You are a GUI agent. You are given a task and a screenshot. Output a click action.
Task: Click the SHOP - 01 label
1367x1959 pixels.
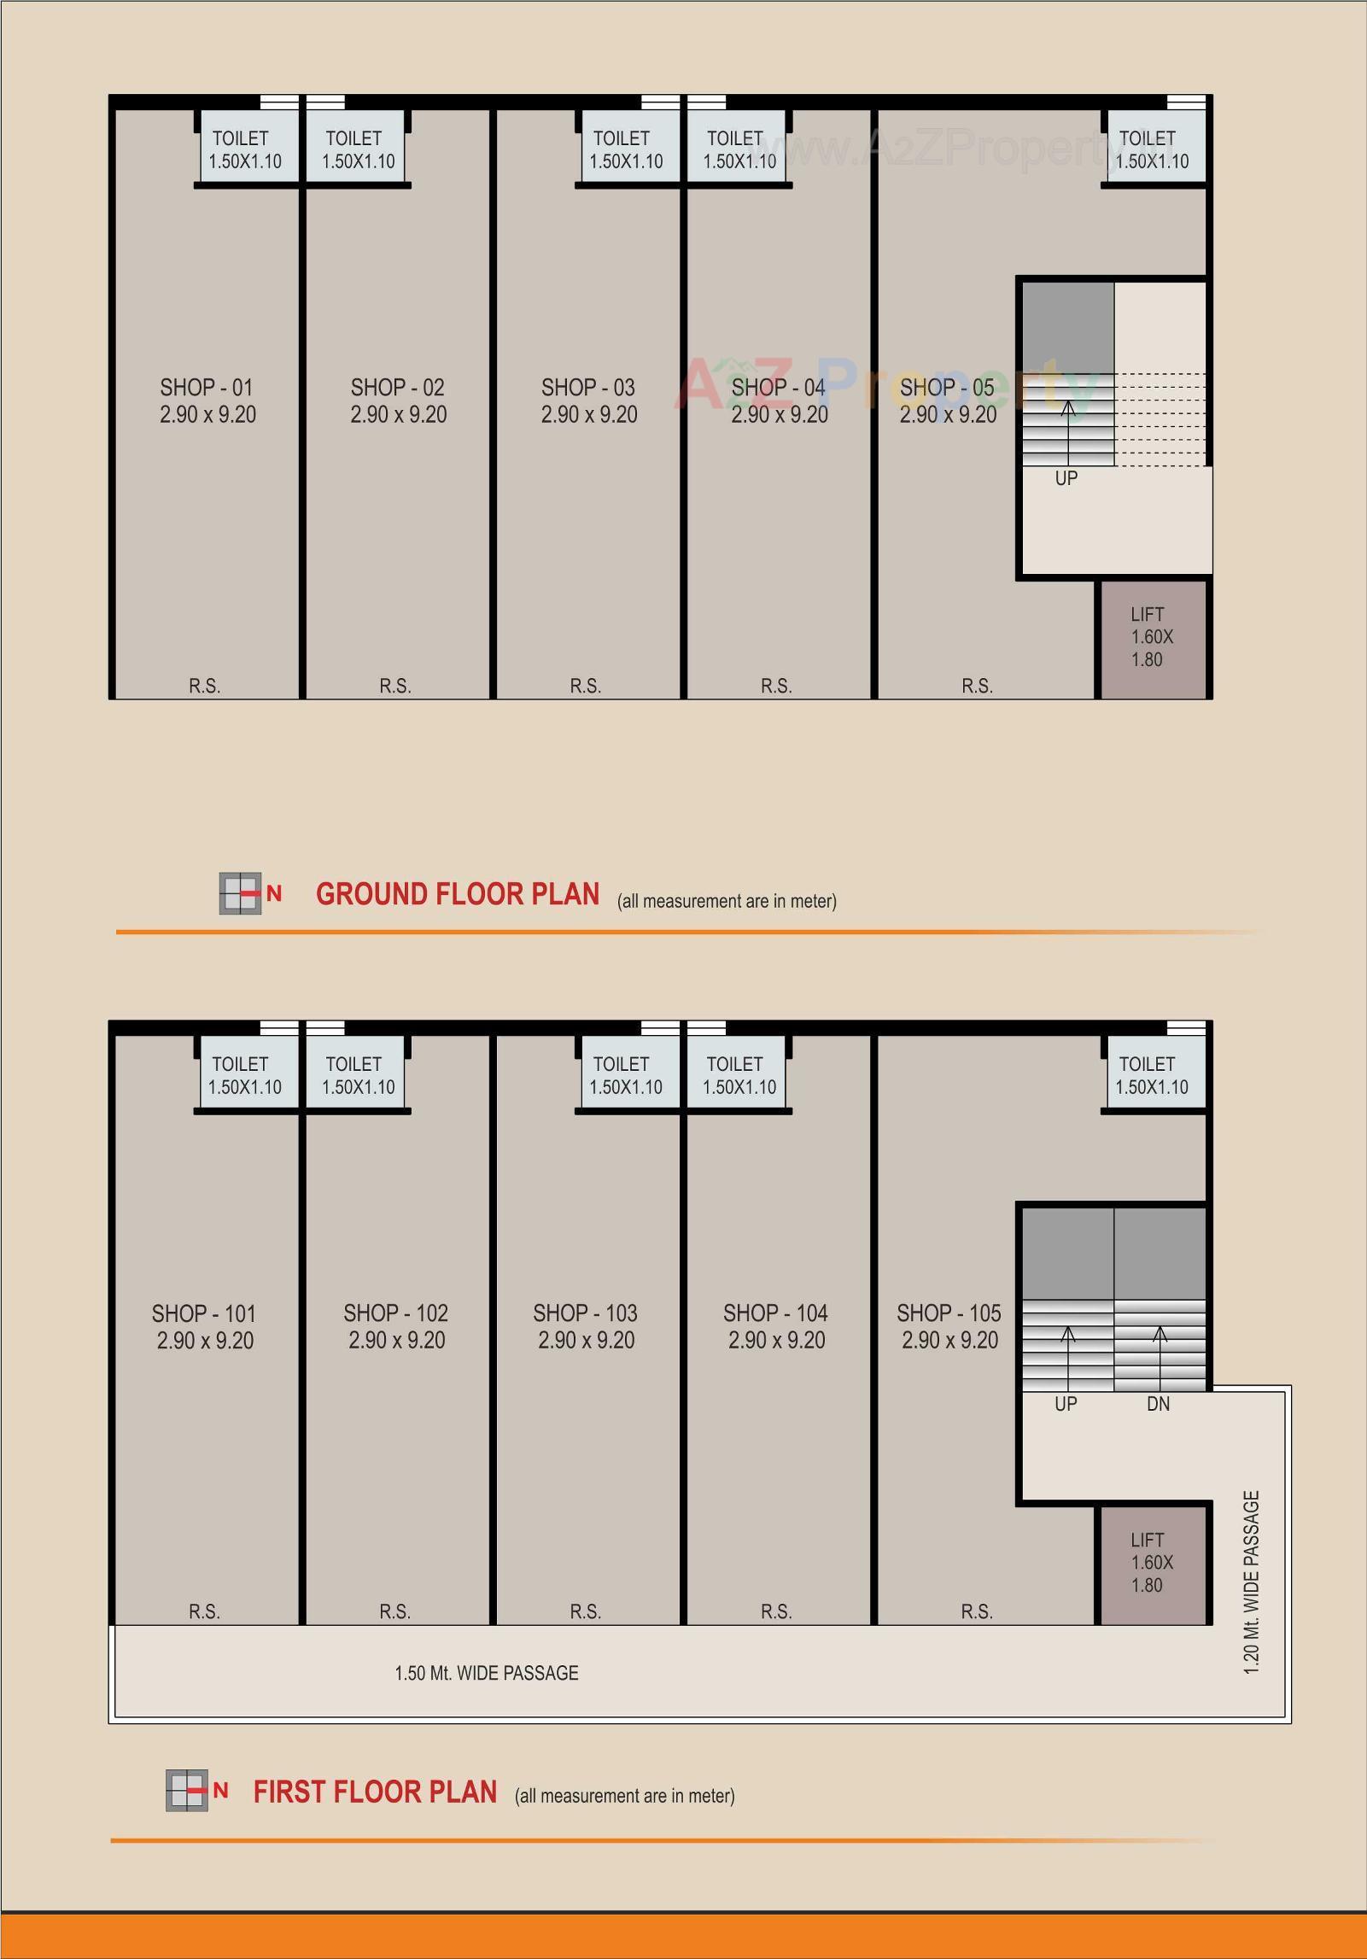tap(207, 388)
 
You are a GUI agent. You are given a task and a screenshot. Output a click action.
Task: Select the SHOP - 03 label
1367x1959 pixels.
tap(588, 388)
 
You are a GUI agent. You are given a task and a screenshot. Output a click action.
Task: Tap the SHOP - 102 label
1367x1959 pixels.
tap(396, 1313)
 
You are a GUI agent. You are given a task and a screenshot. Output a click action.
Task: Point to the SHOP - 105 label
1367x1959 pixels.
tap(949, 1313)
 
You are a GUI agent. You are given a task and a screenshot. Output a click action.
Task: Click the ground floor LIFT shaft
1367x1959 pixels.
tap(1152, 637)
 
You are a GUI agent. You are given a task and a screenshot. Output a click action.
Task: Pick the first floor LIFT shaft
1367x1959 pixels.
tap(1152, 1562)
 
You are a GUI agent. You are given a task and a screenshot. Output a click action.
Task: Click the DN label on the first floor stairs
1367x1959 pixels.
tap(1158, 1404)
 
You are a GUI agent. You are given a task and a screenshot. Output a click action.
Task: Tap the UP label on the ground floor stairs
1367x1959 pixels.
tap(1066, 478)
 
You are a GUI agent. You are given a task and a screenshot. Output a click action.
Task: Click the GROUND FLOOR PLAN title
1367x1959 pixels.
tap(458, 894)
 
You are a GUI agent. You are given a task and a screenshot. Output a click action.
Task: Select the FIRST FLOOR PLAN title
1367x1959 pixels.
tap(375, 1792)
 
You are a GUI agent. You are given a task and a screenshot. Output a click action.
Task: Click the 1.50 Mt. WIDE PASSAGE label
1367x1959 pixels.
tap(487, 1673)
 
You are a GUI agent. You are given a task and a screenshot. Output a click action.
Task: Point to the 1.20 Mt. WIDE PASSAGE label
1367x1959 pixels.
tap(1252, 1582)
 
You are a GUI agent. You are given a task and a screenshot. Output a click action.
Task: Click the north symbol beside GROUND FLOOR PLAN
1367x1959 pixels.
tap(249, 893)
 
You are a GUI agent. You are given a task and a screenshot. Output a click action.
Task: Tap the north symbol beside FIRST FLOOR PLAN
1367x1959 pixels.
tap(196, 1790)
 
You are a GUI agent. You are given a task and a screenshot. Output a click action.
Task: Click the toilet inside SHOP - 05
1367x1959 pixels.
tap(1153, 149)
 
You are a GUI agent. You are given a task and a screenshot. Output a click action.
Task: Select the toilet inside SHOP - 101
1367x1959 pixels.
tap(246, 1074)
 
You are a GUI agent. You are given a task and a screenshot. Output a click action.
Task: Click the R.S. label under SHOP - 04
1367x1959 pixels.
tap(776, 686)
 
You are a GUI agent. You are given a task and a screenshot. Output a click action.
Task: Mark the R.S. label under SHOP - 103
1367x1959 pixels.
tap(586, 1611)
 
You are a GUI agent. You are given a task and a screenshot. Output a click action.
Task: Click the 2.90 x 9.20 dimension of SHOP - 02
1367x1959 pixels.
tap(398, 415)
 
